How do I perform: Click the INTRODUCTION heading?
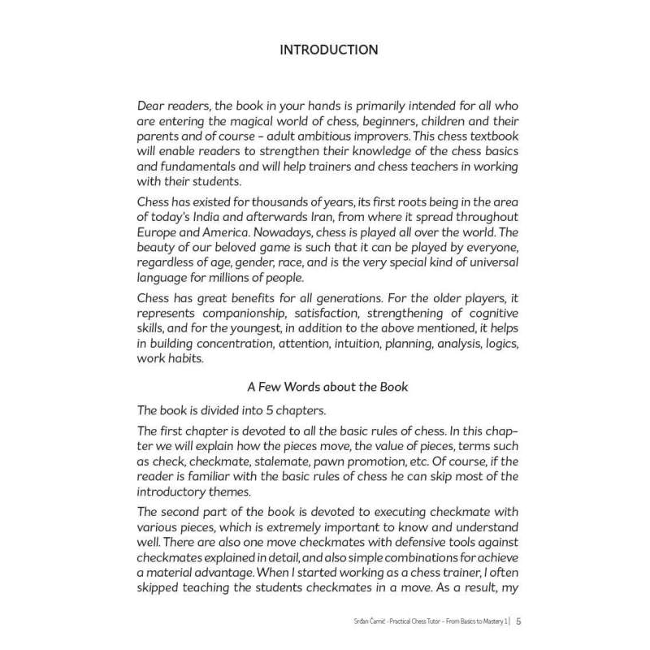(x=328, y=50)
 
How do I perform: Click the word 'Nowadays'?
(x=277, y=230)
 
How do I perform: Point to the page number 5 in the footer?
(x=518, y=622)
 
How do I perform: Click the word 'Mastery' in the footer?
(x=487, y=622)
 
